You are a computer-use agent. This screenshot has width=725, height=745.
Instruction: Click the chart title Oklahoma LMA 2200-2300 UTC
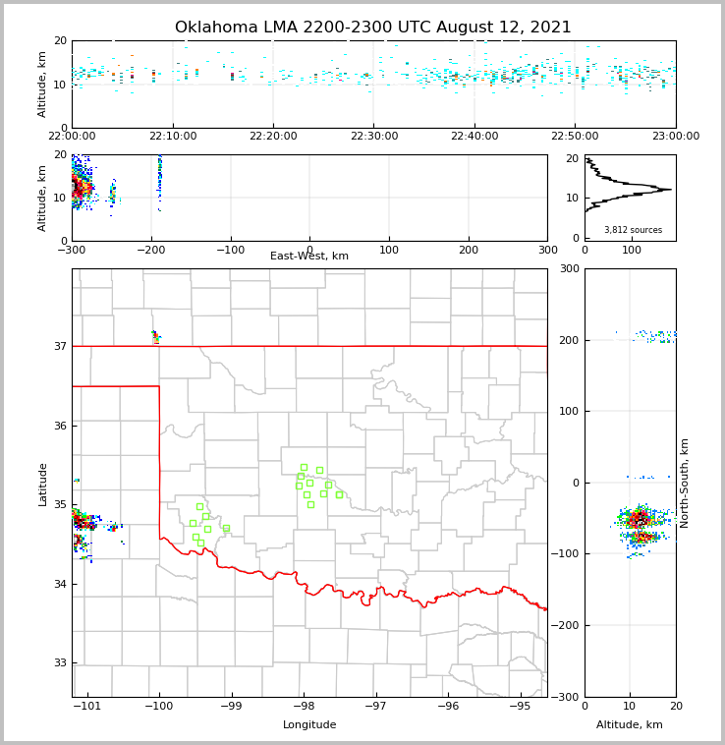pos(372,28)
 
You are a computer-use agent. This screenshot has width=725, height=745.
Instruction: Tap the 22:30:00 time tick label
pos(374,137)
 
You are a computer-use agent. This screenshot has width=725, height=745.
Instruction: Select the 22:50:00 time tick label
pos(575,137)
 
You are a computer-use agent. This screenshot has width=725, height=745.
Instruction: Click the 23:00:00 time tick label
pos(675,137)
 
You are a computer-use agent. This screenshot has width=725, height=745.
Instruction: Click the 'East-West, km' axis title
pos(309,257)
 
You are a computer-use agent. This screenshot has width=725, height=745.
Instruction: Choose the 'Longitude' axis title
pos(309,725)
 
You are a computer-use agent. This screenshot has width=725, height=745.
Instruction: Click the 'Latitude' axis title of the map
pos(42,484)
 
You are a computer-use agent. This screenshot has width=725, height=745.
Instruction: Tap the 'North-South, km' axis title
pos(685,483)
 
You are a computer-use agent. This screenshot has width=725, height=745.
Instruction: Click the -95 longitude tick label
pos(520,707)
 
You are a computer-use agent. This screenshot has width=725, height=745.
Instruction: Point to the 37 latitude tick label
pos(60,346)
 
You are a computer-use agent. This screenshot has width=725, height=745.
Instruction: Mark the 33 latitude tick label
pos(60,663)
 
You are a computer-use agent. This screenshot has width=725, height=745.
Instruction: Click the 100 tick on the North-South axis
pos(570,411)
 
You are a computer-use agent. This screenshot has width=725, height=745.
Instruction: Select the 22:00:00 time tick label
pos(72,137)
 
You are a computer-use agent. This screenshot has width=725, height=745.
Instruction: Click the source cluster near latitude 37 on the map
pos(155,336)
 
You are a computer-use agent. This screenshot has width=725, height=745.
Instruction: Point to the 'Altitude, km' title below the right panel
pos(630,725)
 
